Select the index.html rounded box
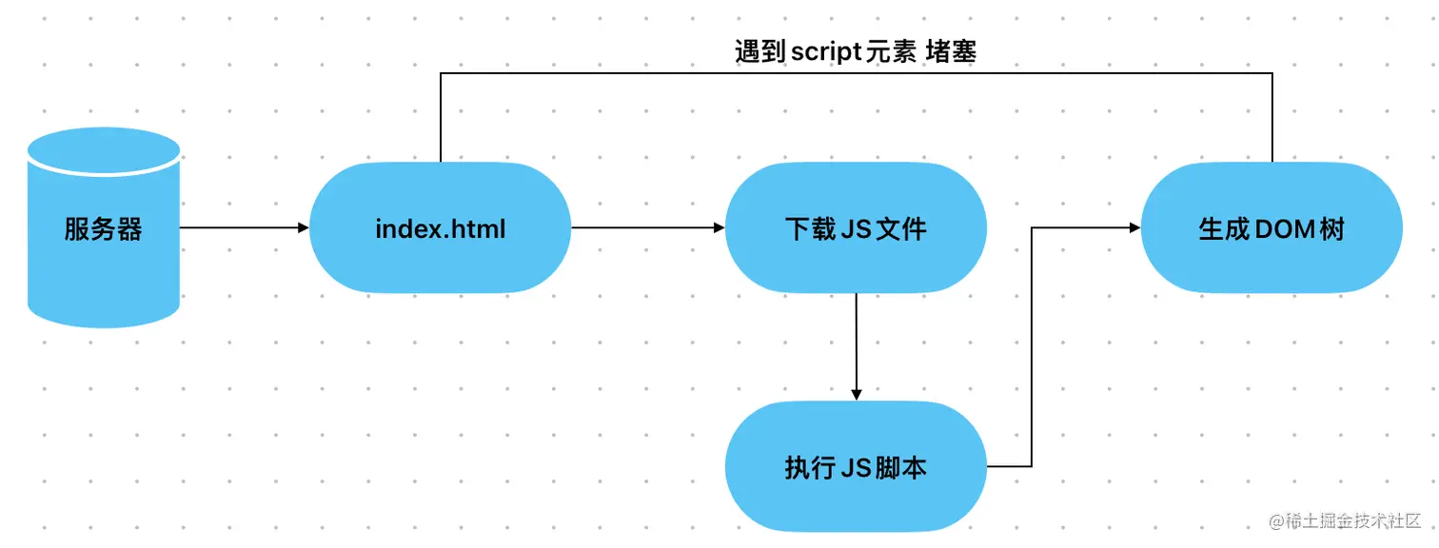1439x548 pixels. [441, 228]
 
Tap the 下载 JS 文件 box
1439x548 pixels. [856, 228]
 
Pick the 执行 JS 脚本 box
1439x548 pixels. [856, 467]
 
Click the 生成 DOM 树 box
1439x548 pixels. [1271, 228]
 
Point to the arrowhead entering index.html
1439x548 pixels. [304, 228]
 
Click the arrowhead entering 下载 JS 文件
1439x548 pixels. [719, 228]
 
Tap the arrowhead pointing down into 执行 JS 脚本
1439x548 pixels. [856, 394]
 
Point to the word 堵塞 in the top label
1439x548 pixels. [951, 51]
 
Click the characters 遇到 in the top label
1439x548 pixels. [760, 51]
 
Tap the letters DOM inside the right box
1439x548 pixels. [1271, 229]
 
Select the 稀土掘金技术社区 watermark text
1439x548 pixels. [1350, 520]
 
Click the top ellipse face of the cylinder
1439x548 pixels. [104, 150]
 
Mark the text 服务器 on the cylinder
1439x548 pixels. [104, 229]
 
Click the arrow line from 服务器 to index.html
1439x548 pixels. [238, 228]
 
